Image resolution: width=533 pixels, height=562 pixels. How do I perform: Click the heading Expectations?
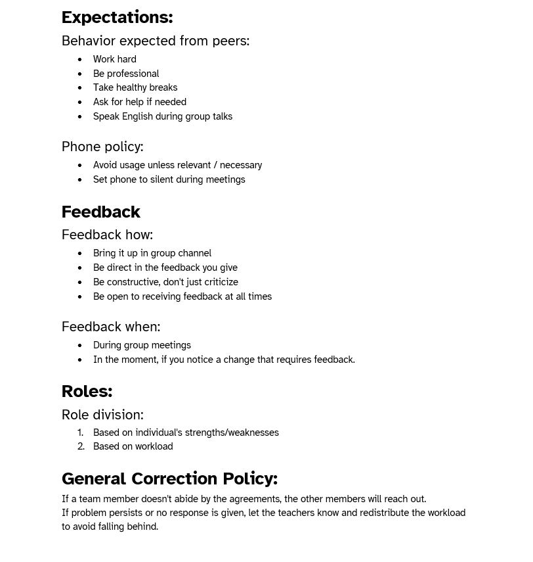click(117, 17)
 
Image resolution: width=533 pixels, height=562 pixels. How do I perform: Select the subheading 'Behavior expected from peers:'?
click(156, 41)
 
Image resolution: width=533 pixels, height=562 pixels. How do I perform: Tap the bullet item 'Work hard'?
click(115, 59)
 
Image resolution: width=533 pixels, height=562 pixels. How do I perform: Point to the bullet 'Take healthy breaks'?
click(135, 88)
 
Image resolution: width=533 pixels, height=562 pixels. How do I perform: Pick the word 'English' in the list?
click(137, 117)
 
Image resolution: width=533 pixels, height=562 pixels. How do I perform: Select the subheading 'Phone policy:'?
click(102, 147)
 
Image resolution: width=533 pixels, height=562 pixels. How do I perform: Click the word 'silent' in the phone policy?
click(161, 179)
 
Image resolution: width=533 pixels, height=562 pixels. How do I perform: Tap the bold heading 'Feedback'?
click(101, 212)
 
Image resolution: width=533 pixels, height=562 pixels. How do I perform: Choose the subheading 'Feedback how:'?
click(107, 235)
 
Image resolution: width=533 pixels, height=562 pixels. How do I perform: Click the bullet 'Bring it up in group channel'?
click(152, 254)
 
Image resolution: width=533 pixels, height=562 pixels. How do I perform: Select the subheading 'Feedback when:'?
click(111, 327)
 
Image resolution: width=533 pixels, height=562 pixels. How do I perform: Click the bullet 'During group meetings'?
click(142, 346)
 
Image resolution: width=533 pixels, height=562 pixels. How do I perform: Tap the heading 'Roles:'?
click(87, 391)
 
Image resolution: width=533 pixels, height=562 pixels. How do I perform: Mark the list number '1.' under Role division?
click(81, 433)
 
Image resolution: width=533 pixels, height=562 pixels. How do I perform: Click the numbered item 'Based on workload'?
click(133, 447)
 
